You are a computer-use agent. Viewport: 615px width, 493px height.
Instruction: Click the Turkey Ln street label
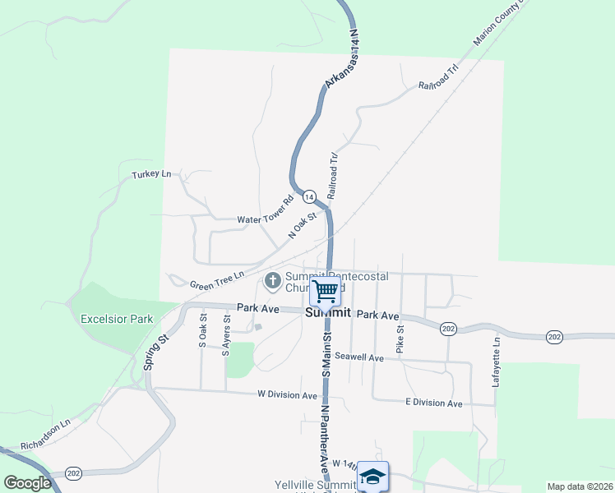coord(151,175)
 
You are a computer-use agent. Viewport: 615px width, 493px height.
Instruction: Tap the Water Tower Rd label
coord(266,210)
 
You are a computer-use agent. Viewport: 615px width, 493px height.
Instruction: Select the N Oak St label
coord(303,224)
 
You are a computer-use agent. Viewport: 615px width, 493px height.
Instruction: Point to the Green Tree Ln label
coord(218,280)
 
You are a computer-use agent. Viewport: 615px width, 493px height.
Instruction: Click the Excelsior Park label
coord(117,319)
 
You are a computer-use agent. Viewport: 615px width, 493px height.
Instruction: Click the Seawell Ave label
coord(359,357)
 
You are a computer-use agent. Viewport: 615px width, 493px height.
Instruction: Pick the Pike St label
coord(400,340)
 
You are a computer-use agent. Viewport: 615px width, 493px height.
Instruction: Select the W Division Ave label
coord(287,394)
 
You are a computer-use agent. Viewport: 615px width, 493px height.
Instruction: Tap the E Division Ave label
coord(434,403)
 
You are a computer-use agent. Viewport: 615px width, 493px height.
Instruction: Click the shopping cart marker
coord(326,289)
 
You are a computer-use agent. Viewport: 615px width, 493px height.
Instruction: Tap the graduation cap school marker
coord(372,476)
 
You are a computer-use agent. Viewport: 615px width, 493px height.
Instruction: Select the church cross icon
coord(272,282)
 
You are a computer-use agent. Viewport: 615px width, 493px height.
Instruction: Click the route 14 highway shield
coord(309,197)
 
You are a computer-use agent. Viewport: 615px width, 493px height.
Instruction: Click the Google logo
coord(28,482)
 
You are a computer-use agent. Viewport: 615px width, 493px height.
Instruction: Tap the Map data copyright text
coord(579,486)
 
